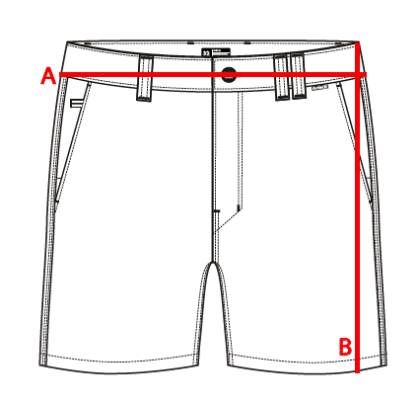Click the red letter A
(48, 76)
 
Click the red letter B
(346, 347)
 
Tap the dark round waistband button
(229, 74)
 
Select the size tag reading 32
(206, 53)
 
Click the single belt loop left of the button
(145, 78)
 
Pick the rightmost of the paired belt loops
(298, 75)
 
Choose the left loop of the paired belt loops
(281, 77)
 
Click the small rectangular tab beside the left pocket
(77, 104)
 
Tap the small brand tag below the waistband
(320, 88)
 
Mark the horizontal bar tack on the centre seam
(217, 210)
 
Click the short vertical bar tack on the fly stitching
(238, 207)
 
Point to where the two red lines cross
(357, 75)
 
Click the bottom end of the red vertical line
(357, 372)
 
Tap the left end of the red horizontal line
(59, 75)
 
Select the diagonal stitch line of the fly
(229, 221)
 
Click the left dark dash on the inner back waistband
(190, 43)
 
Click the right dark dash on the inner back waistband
(247, 43)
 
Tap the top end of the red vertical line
(357, 42)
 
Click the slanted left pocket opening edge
(72, 141)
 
